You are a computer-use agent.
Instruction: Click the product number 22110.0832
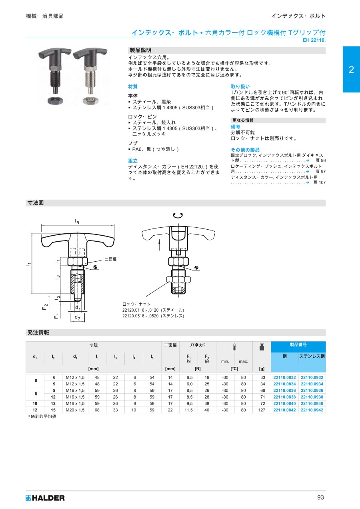tap(284, 377)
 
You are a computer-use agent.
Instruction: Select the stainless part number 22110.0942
tap(312, 410)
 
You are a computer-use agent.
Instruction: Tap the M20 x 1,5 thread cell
tap(75, 410)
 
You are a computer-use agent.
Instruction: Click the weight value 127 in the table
tap(262, 410)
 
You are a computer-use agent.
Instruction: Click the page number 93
tap(320, 497)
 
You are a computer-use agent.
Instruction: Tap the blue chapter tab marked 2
tap(351, 69)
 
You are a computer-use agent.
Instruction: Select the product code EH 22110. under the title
tap(314, 40)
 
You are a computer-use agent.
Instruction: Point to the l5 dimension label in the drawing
tap(77, 221)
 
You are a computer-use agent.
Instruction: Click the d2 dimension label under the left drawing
tap(78, 318)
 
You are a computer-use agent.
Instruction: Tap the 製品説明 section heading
tap(140, 50)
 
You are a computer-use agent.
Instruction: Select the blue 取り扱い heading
tap(240, 86)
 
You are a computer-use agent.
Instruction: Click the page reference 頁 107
tap(319, 182)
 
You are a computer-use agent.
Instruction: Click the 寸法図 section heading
tap(35, 203)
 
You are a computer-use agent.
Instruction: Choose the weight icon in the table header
tap(262, 347)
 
